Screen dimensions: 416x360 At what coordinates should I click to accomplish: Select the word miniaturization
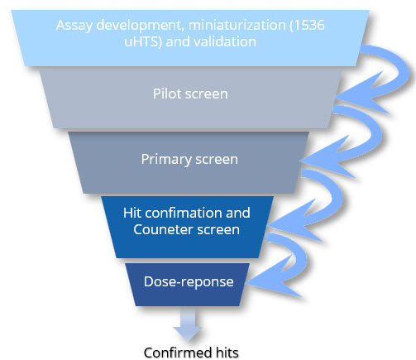coord(237,25)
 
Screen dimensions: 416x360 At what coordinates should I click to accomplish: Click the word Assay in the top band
coord(74,26)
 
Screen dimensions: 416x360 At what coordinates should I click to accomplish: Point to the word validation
coord(225,41)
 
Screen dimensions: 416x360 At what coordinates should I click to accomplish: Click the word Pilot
coord(167,94)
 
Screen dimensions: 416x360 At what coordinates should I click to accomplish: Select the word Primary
coord(166,160)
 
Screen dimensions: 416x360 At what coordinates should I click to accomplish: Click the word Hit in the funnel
coord(132,213)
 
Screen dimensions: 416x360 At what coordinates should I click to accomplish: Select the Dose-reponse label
coord(189,281)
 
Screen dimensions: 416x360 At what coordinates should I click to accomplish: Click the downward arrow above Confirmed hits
coord(188,324)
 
